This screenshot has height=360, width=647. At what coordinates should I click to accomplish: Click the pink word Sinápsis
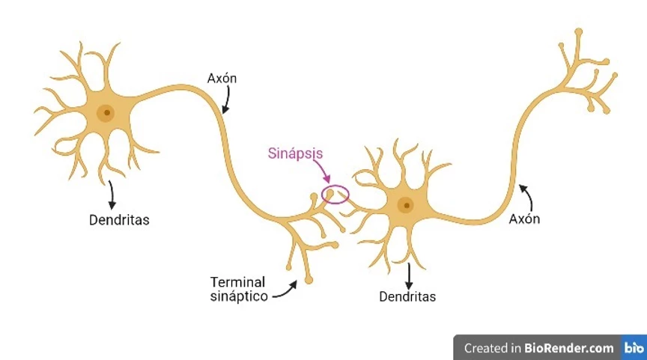click(x=295, y=153)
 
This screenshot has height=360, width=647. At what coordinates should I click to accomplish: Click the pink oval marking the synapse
click(x=335, y=195)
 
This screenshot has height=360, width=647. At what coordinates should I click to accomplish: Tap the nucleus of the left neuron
click(x=107, y=114)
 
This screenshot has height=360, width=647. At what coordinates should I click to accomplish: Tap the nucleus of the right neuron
click(x=405, y=204)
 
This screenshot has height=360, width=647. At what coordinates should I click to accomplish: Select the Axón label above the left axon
click(x=223, y=78)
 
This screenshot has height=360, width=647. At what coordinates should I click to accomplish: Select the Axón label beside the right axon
click(x=524, y=219)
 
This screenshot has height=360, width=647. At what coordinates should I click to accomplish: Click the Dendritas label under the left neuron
click(x=119, y=220)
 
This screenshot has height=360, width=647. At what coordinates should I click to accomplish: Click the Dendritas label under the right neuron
click(x=407, y=296)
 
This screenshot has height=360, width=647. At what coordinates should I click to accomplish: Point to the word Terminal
click(x=237, y=282)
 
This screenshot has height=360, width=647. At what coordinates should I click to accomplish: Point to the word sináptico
click(x=238, y=296)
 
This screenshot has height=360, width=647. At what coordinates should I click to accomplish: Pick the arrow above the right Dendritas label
click(x=409, y=275)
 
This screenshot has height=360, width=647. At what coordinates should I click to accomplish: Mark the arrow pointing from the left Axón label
click(x=224, y=100)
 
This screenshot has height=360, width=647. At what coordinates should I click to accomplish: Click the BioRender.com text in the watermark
click(x=568, y=347)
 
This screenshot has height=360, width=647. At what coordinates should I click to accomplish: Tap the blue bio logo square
click(x=634, y=347)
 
